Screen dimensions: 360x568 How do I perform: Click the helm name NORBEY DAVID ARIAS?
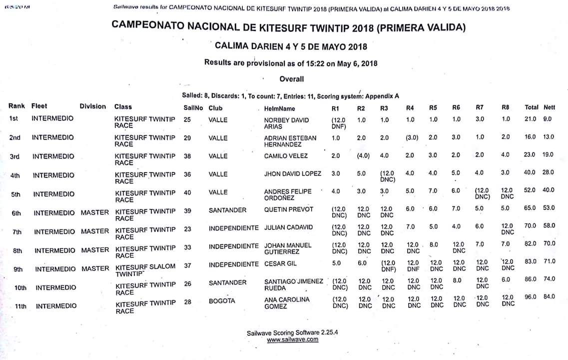(x=286, y=123)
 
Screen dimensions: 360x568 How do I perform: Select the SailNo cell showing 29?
(x=187, y=137)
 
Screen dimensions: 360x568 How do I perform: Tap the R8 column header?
(x=505, y=107)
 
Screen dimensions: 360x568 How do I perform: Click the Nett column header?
(x=549, y=107)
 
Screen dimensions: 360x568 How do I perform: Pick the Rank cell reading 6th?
(x=16, y=213)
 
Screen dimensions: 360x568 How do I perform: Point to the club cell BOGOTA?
(x=222, y=301)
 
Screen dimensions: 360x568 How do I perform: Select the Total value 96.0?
(x=530, y=296)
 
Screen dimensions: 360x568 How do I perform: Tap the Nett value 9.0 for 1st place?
(x=548, y=119)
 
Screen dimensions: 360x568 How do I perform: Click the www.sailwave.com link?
(x=292, y=339)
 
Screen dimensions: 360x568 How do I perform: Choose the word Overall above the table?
(x=291, y=79)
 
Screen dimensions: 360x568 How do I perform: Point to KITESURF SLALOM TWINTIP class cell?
(x=145, y=270)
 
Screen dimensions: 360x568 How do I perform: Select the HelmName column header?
(x=280, y=108)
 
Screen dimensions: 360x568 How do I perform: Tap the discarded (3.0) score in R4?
(x=412, y=138)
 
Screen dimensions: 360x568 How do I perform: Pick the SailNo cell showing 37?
(x=187, y=265)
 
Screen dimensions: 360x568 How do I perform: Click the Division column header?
(x=93, y=106)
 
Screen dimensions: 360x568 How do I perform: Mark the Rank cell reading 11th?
(x=20, y=306)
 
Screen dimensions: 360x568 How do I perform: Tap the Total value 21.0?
(x=530, y=119)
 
